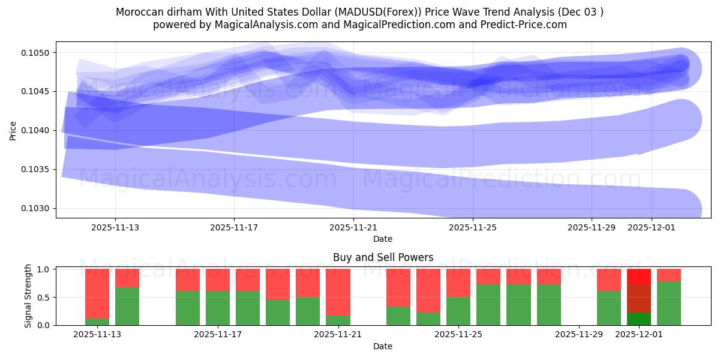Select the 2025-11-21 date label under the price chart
[x=353, y=228]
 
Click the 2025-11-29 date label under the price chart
[x=591, y=228]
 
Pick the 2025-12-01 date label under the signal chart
[x=638, y=335]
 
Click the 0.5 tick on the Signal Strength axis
[x=44, y=298]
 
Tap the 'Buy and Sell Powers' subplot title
[x=383, y=257]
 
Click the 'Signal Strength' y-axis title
[x=28, y=296]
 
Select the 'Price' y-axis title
[x=13, y=130]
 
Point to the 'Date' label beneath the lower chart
[x=383, y=346]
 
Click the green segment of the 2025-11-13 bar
[x=97, y=322]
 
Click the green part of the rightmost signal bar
[x=669, y=303]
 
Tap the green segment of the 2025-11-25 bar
[x=458, y=311]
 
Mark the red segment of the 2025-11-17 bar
[x=218, y=280]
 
